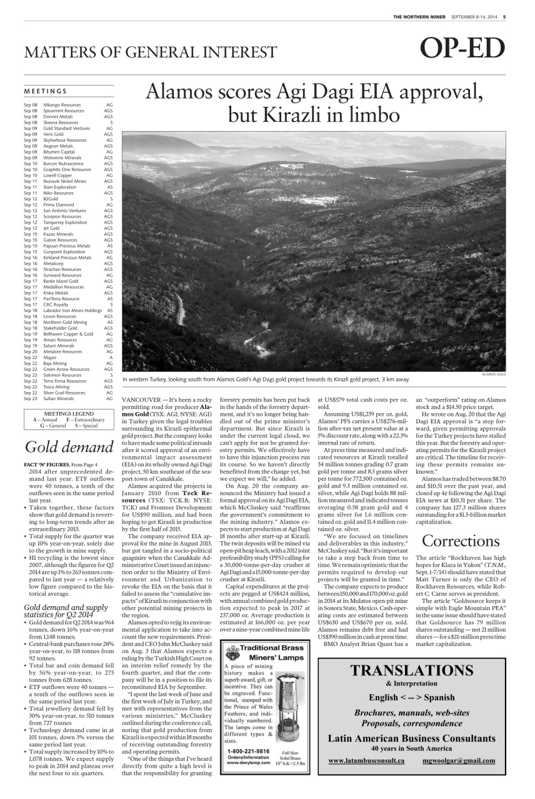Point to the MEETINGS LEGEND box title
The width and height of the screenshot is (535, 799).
click(x=69, y=413)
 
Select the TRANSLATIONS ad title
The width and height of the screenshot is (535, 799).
click(x=412, y=670)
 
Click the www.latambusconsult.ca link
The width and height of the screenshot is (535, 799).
click(x=366, y=760)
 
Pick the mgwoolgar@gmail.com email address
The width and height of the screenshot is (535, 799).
click(x=458, y=760)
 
